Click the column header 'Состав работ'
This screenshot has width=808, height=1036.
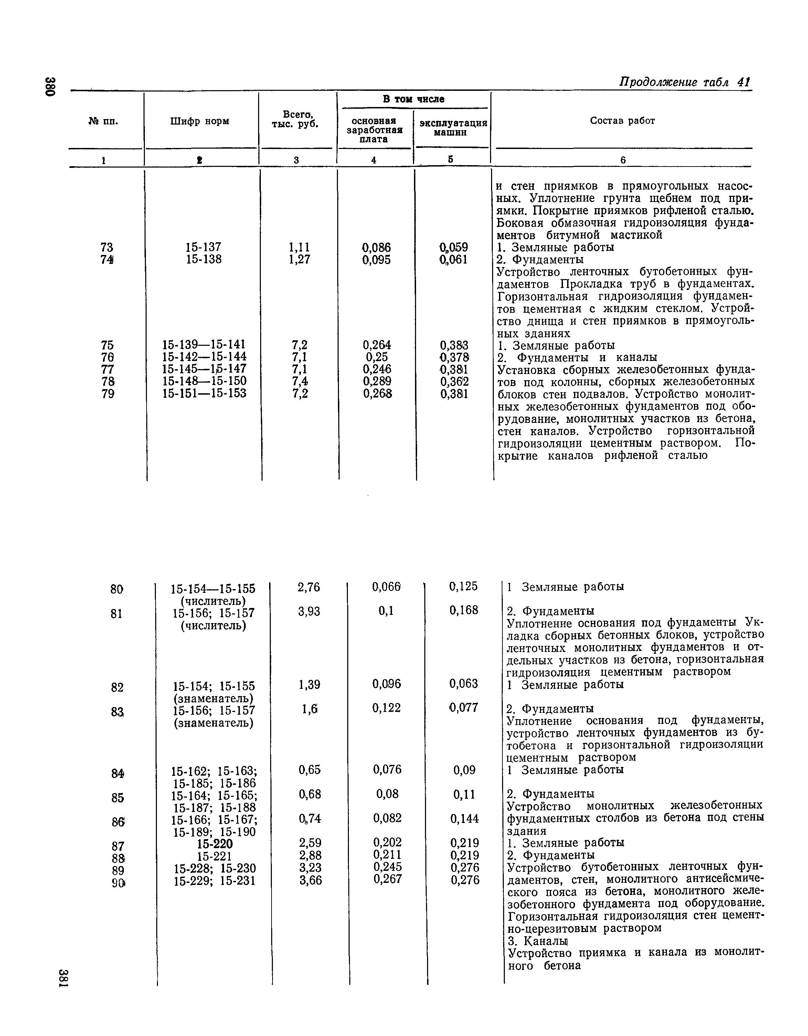click(x=622, y=121)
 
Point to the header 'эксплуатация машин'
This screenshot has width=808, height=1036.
click(x=453, y=128)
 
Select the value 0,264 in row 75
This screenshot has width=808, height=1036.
click(x=377, y=345)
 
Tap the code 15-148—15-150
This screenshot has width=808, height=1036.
click(x=204, y=381)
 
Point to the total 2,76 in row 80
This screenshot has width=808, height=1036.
click(x=309, y=587)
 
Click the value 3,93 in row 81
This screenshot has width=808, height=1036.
click(x=309, y=612)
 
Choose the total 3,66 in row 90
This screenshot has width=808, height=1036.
click(x=310, y=880)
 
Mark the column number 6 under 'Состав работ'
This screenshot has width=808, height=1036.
click(x=623, y=160)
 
